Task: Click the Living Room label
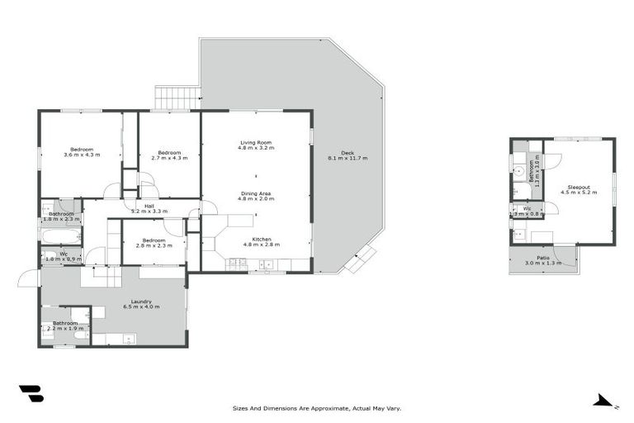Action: point(256,143)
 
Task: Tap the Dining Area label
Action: point(255,194)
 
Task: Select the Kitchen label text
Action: point(256,240)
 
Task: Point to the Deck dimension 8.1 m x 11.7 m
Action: point(348,158)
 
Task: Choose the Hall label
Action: point(149,207)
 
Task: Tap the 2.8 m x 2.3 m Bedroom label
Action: point(154,242)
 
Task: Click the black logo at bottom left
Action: point(31,394)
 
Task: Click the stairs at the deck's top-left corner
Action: point(177,97)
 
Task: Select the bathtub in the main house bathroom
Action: point(61,235)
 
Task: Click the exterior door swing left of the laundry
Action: point(28,278)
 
